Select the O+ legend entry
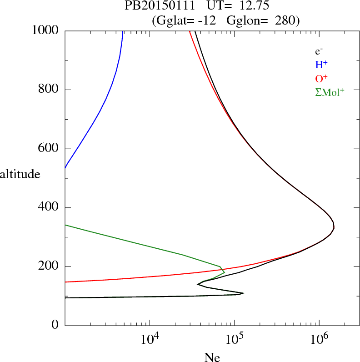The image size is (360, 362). click(321, 78)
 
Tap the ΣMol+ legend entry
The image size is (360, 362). click(330, 92)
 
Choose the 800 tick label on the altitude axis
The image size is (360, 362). click(50, 90)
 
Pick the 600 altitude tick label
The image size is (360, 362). click(50, 149)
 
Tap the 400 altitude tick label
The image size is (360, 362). click(50, 208)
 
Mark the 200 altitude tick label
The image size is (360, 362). click(50, 266)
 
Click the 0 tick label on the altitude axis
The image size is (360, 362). click(56, 326)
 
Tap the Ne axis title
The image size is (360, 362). click(212, 357)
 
